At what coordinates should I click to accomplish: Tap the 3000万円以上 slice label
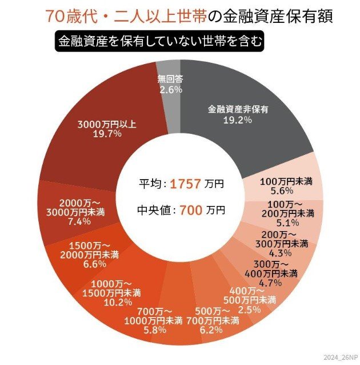(107, 124)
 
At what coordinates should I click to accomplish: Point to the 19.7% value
(107, 134)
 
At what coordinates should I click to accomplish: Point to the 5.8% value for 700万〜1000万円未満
(154, 330)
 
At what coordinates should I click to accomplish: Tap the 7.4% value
(83, 222)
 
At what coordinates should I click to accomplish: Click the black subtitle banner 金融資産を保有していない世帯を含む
(161, 42)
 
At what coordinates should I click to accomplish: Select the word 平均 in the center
(150, 184)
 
